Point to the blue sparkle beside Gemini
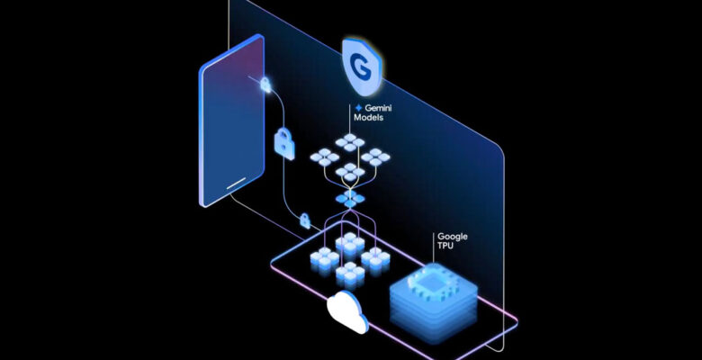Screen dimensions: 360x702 pyautogui.click(x=358, y=108)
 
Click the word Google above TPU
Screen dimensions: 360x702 pyautogui.click(x=452, y=237)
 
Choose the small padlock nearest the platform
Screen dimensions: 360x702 pyautogui.click(x=305, y=220)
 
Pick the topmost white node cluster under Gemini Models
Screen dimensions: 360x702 pyautogui.click(x=347, y=140)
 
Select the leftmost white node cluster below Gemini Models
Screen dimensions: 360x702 pyautogui.click(x=323, y=157)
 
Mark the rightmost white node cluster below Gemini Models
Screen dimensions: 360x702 pyautogui.click(x=373, y=157)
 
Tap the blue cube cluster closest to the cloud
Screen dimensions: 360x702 pyautogui.click(x=347, y=272)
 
